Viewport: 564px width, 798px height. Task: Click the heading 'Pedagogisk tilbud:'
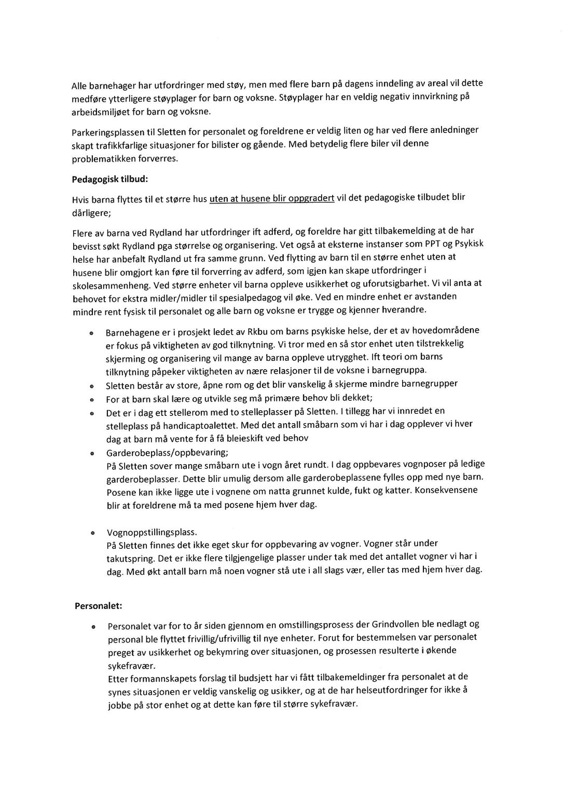(110, 180)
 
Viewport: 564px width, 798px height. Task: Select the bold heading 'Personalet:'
(98, 606)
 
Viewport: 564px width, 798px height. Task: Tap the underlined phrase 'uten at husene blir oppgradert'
(271, 198)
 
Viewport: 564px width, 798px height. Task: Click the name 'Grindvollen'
(400, 625)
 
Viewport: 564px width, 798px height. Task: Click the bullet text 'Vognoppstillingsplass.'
(152, 533)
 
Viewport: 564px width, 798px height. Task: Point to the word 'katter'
(398, 491)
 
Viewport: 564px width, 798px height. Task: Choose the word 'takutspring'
(128, 559)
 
